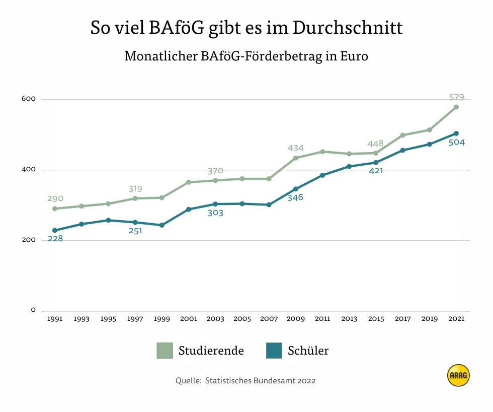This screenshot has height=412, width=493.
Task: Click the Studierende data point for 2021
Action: pos(456,107)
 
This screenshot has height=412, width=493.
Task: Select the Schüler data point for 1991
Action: pos(55,230)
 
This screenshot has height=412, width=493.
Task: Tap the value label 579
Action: pos(456,97)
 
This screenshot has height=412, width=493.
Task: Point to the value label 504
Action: pos(456,143)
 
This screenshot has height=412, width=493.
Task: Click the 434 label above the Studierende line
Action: pos(296,148)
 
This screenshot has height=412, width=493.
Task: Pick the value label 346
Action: pos(295,197)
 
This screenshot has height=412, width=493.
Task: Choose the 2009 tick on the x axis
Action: pos(296,319)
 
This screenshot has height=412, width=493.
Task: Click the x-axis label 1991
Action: pos(55,319)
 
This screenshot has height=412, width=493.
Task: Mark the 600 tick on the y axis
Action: pos(29,99)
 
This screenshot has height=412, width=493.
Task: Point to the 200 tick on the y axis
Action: pos(29,240)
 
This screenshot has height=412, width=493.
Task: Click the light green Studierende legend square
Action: pos(165,351)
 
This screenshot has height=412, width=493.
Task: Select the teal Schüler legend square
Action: pos(274,351)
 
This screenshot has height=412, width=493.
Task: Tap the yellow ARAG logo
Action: pos(458,375)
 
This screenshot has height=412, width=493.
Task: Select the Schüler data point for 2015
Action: pos(376,162)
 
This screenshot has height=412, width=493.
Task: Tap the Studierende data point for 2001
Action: pos(189,182)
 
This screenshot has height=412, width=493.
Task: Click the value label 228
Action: pos(55,239)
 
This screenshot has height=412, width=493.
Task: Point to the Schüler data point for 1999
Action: pos(162,225)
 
